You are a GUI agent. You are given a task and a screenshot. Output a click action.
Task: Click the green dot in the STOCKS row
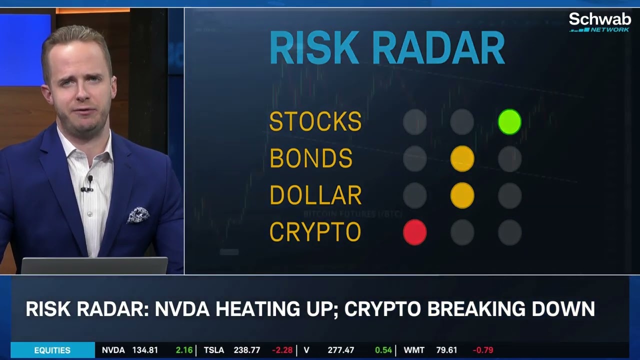pos(509,122)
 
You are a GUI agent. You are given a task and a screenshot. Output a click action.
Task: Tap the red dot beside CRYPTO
pos(414,232)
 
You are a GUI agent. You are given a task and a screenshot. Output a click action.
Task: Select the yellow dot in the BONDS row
pos(462,159)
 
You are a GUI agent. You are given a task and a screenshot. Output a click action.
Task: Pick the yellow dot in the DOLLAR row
pos(462,195)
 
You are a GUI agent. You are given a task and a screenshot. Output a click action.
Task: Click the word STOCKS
pos(315,122)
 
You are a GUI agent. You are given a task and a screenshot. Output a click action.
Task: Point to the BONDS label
pos(311,159)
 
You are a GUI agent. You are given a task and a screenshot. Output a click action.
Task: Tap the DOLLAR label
pos(315,195)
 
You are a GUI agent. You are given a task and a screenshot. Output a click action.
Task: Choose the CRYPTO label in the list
pos(315,232)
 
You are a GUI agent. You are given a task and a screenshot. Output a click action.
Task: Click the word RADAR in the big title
pos(438,48)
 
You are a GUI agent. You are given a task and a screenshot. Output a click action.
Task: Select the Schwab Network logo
pos(599,22)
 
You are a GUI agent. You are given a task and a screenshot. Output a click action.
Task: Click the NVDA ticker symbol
pos(113,350)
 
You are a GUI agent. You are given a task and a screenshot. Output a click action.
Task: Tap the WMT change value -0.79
pos(482,350)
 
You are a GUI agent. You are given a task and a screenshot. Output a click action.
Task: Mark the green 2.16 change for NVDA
pos(184,350)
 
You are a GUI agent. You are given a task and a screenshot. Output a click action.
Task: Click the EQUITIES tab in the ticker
pos(52,350)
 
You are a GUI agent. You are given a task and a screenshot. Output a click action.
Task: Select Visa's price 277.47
pos(340,350)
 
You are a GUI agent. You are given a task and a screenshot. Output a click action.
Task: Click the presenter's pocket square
pos(138,215)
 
